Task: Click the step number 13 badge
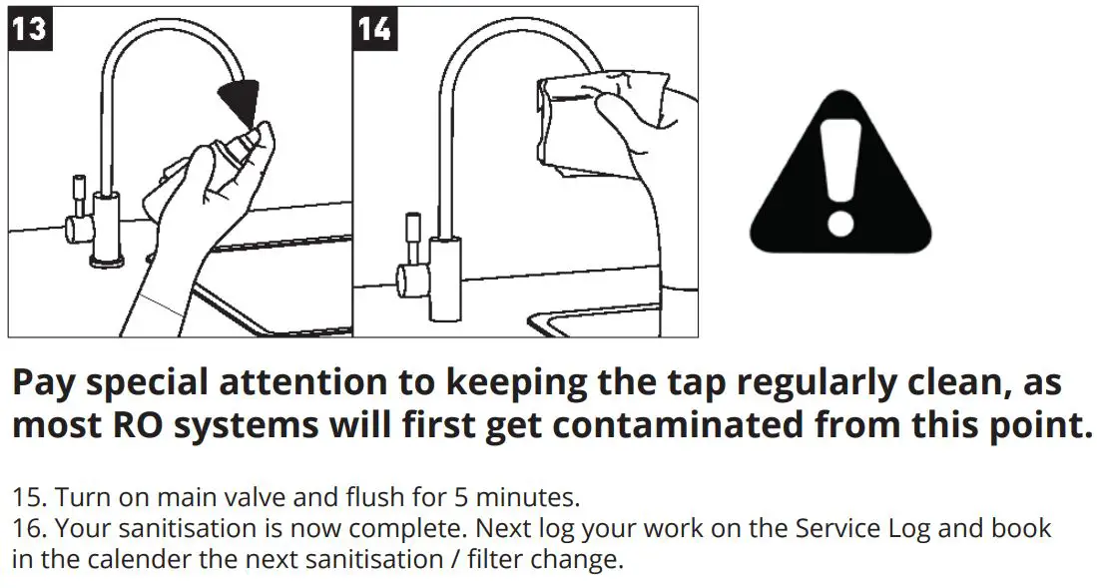point(29,28)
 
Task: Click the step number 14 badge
point(374,28)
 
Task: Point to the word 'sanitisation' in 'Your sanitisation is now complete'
point(178,528)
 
